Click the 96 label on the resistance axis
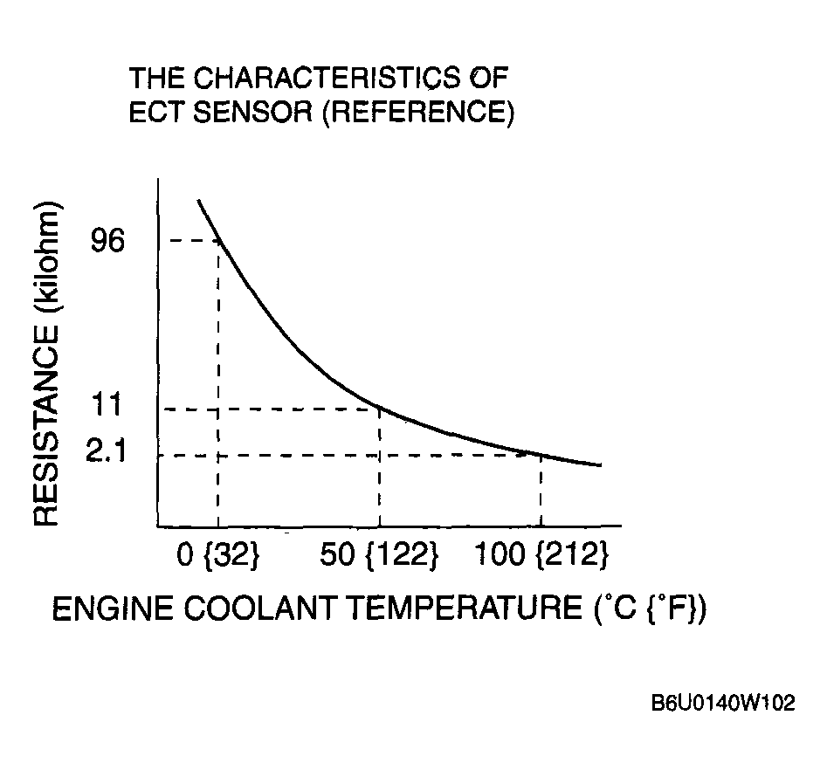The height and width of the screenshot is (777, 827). [x=107, y=242]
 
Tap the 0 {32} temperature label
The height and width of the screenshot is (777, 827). [x=218, y=555]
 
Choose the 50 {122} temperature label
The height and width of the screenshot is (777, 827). [x=378, y=555]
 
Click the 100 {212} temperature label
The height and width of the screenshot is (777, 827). [x=541, y=555]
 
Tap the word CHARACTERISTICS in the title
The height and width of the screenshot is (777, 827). [x=327, y=79]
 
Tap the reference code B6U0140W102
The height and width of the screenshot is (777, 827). [x=722, y=704]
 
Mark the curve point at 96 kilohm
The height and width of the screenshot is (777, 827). [x=218, y=241]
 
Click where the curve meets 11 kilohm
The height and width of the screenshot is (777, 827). [x=379, y=408]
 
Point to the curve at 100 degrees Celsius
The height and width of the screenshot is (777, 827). [x=541, y=455]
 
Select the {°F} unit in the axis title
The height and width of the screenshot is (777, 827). [x=678, y=609]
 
